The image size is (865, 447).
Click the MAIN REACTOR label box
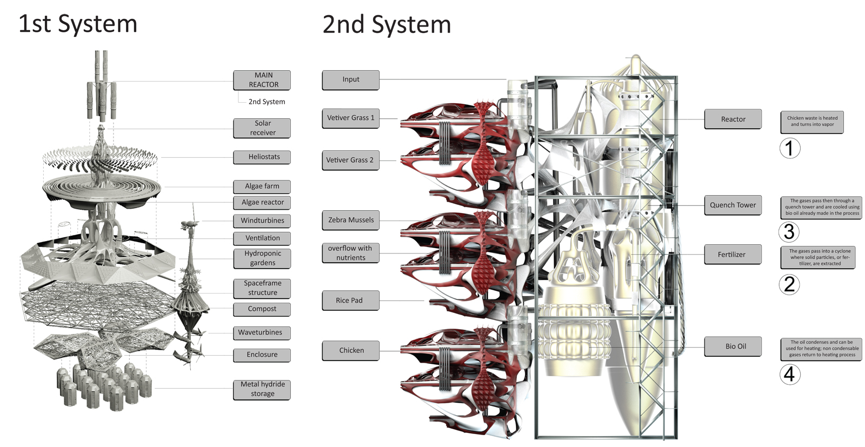[262, 80]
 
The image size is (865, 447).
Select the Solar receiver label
[262, 128]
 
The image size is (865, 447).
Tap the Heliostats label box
[262, 157]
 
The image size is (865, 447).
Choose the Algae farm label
[262, 186]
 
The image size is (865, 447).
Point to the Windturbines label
[262, 221]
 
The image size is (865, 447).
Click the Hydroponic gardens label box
[262, 258]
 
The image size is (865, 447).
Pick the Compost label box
[262, 309]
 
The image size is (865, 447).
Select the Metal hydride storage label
[262, 389]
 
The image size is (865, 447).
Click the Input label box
[350, 79]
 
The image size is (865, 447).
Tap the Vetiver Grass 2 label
[350, 160]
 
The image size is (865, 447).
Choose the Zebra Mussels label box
[350, 220]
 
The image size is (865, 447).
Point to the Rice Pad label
[350, 301]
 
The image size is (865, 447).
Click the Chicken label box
[350, 350]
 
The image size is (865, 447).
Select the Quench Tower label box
[733, 205]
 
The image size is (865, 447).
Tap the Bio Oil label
[733, 346]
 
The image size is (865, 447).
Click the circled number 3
[789, 232]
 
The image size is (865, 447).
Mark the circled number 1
[789, 148]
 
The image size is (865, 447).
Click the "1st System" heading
[78, 24]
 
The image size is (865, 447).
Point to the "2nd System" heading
[387, 25]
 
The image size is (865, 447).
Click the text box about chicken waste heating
[812, 122]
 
